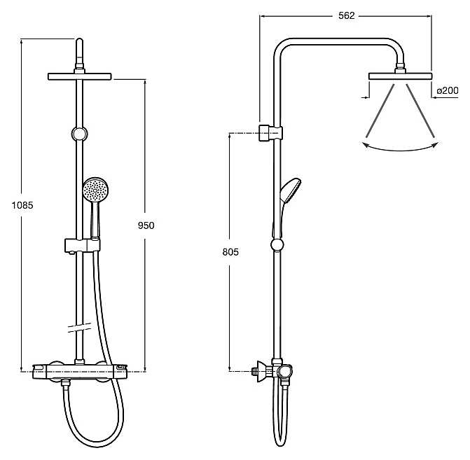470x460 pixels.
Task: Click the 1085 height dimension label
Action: click(22, 205)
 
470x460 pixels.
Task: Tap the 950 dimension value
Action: click(146, 225)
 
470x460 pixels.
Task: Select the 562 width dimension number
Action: click(347, 15)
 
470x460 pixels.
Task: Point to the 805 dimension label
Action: click(230, 252)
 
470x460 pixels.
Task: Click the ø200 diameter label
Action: click(448, 90)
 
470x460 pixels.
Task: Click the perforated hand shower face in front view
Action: click(95, 190)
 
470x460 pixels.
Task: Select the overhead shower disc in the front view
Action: click(79, 76)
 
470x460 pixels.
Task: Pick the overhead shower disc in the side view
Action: click(400, 76)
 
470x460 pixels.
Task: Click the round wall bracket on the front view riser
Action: click(79, 133)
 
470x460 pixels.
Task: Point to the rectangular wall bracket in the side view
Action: click(270, 132)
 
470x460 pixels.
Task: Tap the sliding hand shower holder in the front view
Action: click(82, 246)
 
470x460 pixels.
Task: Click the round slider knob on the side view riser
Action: click(277, 244)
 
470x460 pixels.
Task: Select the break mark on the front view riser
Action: click(79, 327)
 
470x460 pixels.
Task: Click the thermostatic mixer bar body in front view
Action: click(80, 371)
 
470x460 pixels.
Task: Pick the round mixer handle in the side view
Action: click(284, 372)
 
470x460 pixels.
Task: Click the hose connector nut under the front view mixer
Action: click(64, 383)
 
